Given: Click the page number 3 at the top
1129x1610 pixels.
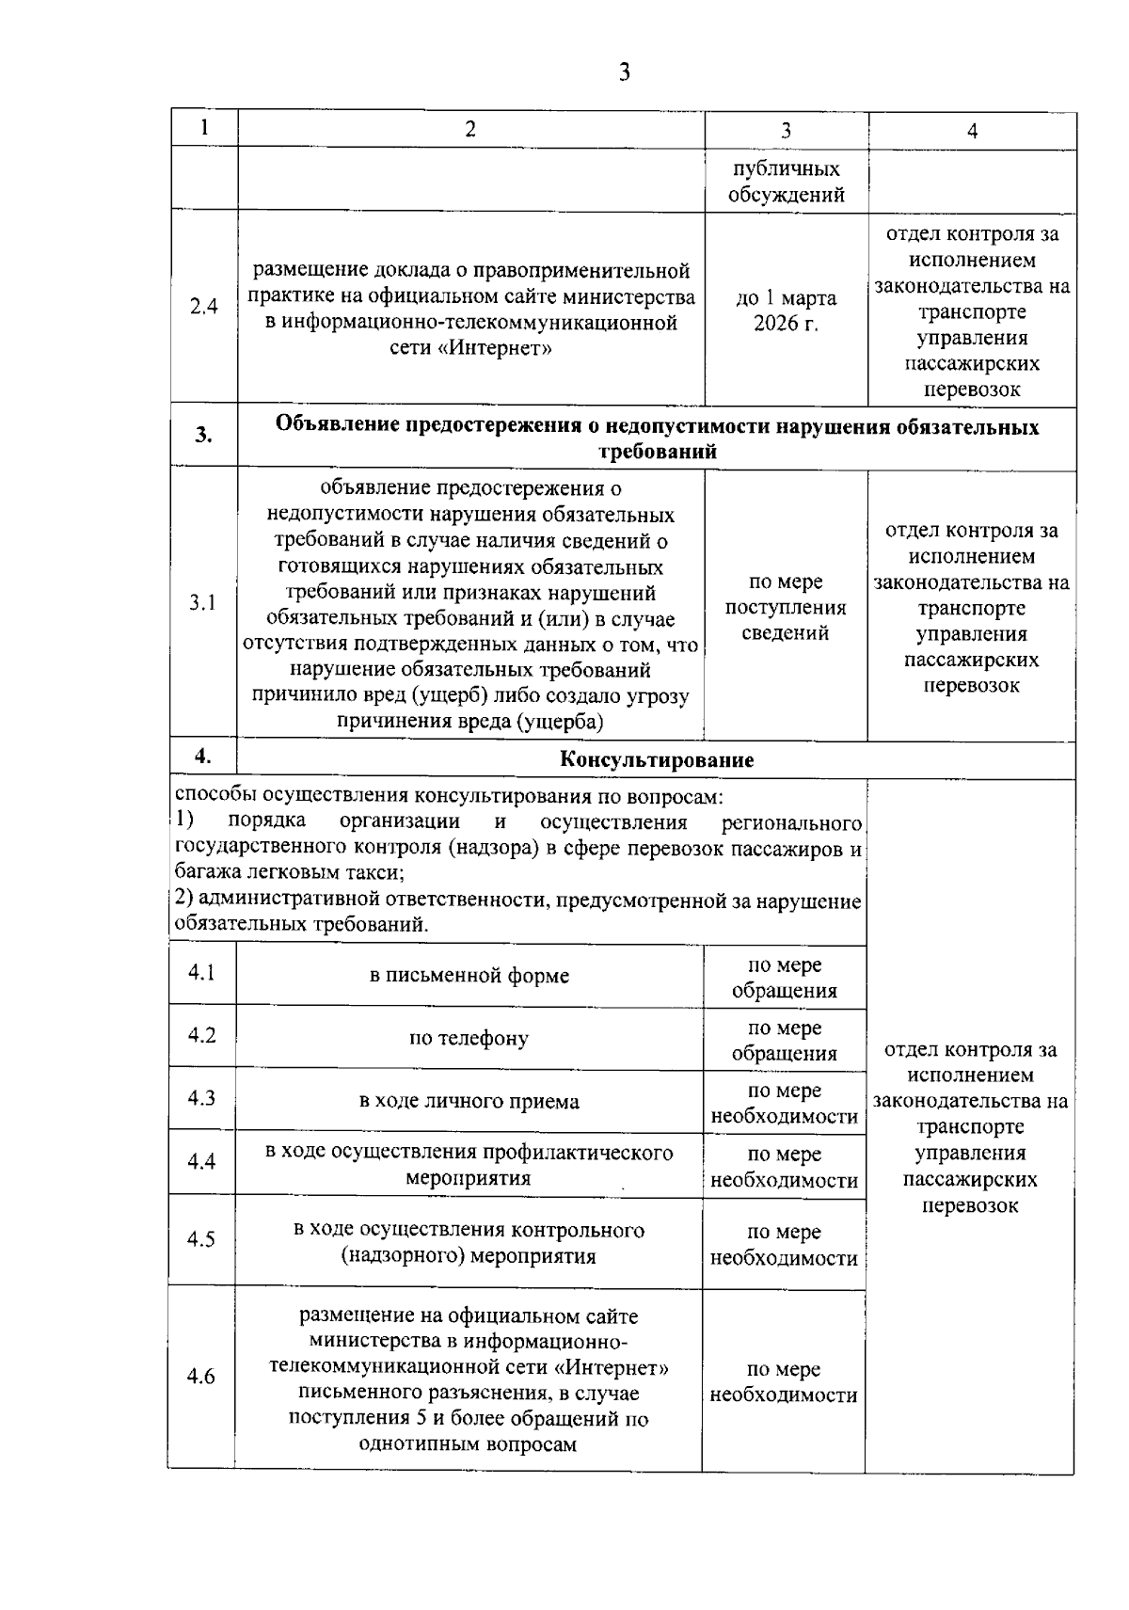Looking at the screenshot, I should (624, 72).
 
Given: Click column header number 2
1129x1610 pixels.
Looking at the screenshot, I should (470, 129).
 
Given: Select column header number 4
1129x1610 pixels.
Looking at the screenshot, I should (972, 131).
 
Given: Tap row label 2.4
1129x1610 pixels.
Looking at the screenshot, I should (203, 307).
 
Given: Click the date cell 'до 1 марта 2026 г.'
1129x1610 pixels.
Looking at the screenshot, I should (786, 311).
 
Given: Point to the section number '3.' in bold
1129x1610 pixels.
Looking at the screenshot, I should (203, 435).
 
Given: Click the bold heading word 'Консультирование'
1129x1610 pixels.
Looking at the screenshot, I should (657, 760).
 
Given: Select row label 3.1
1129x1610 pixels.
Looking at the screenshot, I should (202, 603).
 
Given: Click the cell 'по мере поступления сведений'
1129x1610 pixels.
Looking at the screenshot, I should (786, 607).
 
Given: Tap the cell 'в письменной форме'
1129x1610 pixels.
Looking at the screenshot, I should (469, 976).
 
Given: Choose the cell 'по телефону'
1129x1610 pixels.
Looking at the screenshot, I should (469, 1039).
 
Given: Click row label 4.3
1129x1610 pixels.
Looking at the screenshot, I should (201, 1098).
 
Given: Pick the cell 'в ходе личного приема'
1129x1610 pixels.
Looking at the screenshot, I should (469, 1101).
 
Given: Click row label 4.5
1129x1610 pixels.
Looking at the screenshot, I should (201, 1239).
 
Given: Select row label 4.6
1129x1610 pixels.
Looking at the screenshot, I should (201, 1377).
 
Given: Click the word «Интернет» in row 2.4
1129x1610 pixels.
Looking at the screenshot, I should (494, 349).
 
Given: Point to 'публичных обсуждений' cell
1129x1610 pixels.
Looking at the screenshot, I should (786, 182).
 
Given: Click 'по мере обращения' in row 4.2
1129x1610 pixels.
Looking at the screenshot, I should (784, 1040).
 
